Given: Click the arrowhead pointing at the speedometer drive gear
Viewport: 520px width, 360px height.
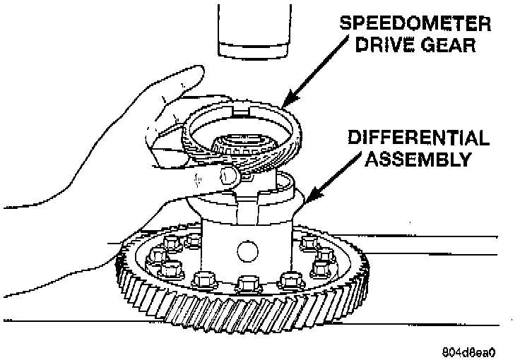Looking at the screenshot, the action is point(285,103).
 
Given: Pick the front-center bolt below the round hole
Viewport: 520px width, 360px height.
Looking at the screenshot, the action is point(247,284).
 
